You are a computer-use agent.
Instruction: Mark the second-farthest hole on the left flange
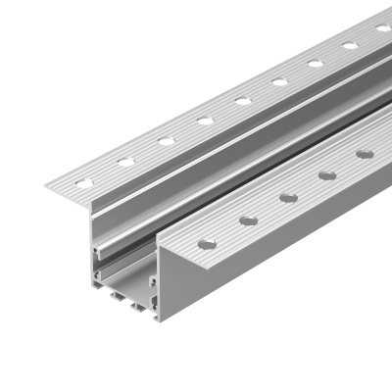349,45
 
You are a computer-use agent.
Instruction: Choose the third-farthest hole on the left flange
315,64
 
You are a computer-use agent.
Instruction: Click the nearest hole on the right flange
208,243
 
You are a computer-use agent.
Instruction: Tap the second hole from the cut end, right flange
248,220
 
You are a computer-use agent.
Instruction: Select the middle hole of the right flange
288,197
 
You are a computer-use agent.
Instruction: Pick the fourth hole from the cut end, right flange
327,175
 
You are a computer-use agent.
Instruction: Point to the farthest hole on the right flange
365,154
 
